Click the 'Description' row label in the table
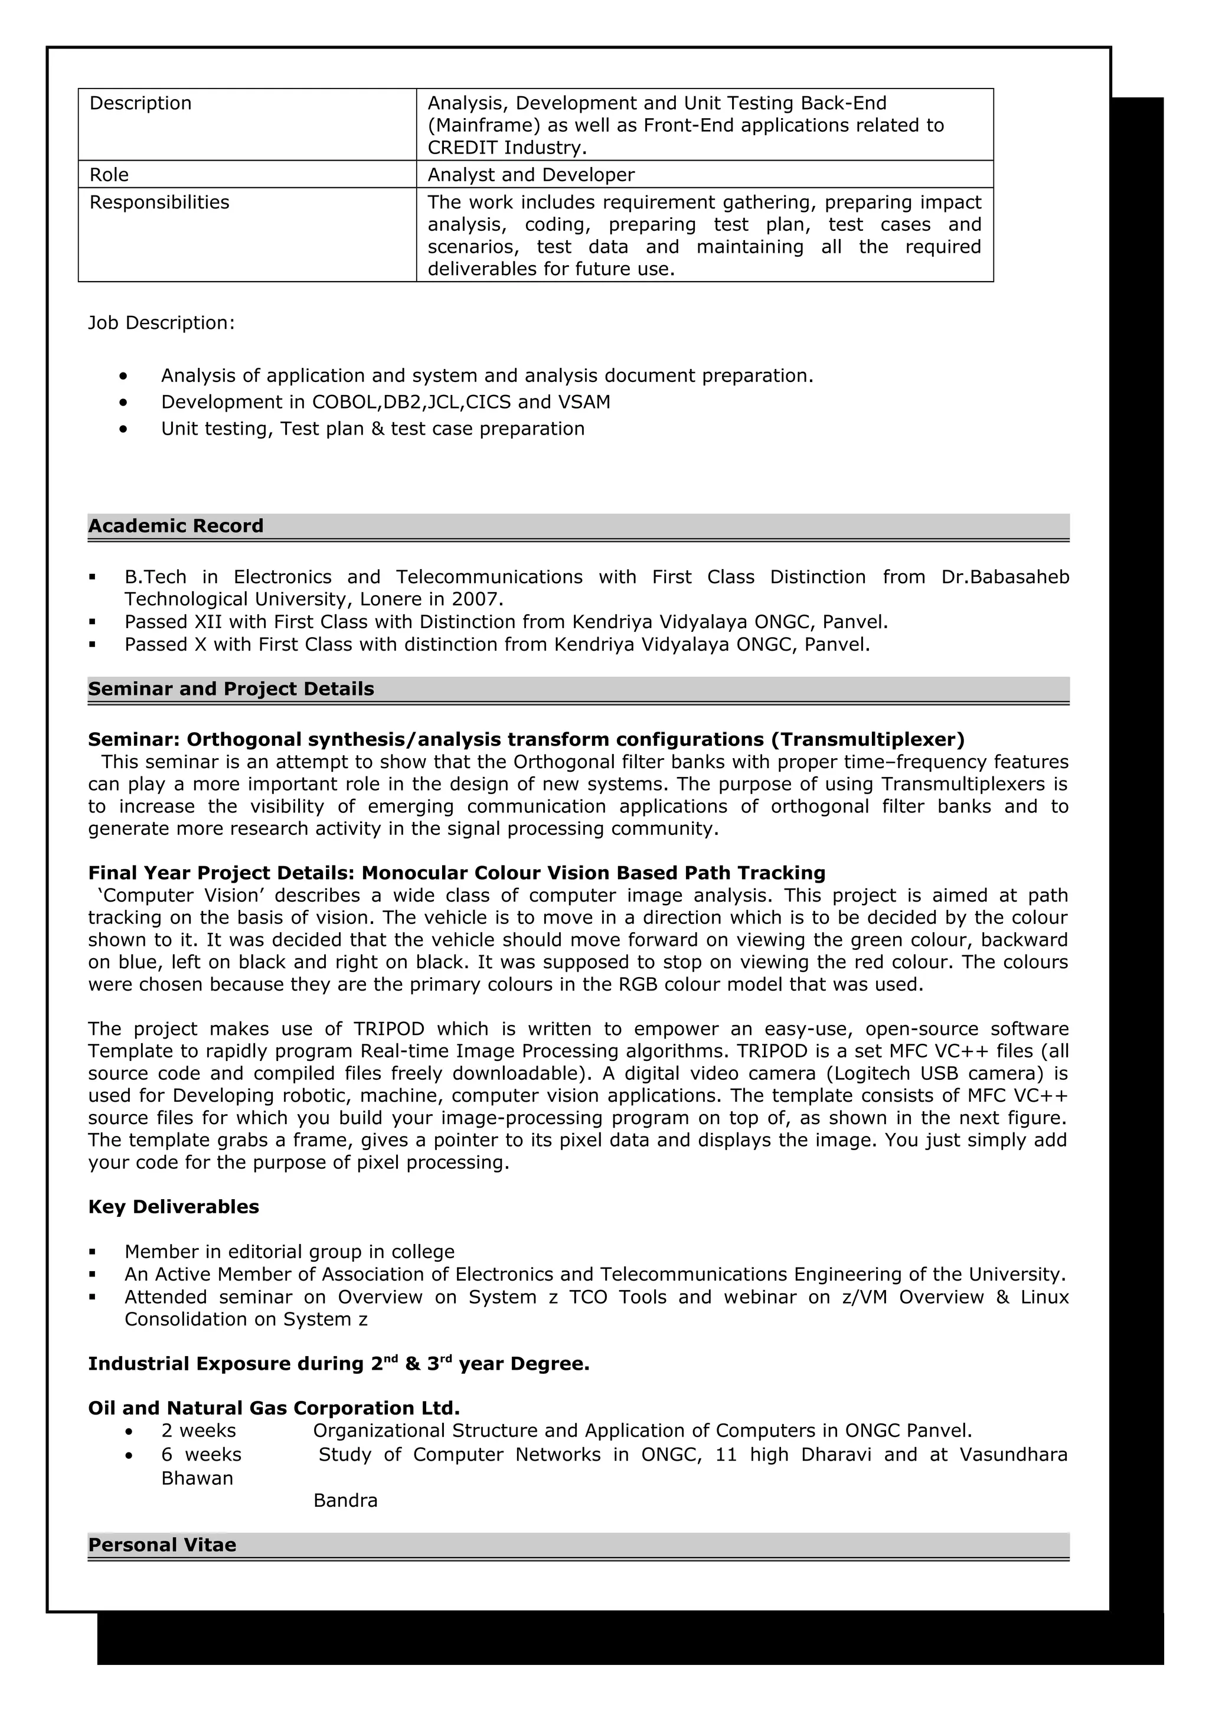click(x=140, y=103)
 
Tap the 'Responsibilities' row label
click(x=159, y=202)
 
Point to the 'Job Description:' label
click(x=161, y=323)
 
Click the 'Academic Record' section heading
click(x=176, y=526)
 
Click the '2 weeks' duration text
click(x=198, y=1430)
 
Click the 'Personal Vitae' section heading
click(x=162, y=1545)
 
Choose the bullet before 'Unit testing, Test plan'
click(x=123, y=429)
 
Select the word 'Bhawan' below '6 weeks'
click(x=197, y=1478)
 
